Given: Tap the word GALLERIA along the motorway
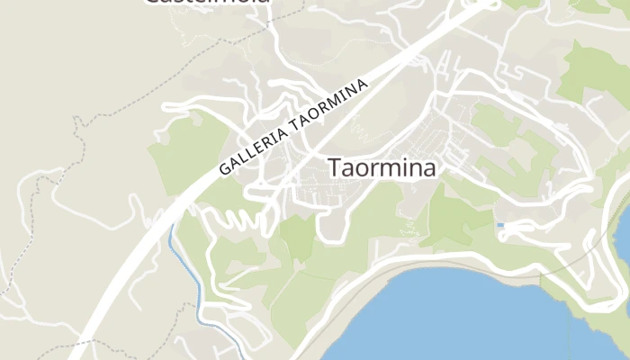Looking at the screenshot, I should click(254, 144).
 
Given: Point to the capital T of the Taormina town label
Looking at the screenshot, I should click(335, 168).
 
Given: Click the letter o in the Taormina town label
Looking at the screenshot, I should click(362, 169).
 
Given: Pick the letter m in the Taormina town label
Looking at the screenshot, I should click(390, 169).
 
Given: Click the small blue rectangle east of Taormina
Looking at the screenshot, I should click(500, 225).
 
